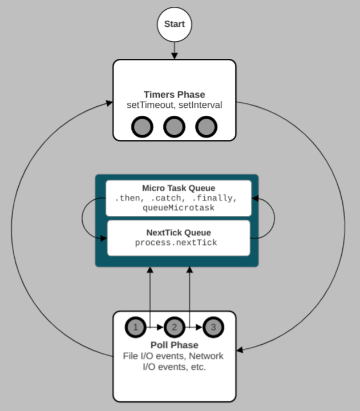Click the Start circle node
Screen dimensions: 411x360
(175, 24)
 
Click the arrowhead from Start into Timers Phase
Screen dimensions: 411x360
(175, 55)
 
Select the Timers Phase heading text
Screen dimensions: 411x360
(175, 95)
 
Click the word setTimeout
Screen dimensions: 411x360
(151, 105)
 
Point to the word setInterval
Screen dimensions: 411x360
(200, 105)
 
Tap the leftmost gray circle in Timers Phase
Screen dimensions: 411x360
(142, 127)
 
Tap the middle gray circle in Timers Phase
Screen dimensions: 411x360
(175, 127)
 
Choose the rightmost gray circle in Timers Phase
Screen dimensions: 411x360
(207, 127)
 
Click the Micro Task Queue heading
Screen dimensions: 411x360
(178, 188)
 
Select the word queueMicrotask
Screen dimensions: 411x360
(178, 208)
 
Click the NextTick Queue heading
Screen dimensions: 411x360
(178, 232)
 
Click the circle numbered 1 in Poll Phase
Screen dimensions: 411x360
(135, 328)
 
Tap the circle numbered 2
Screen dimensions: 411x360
(175, 328)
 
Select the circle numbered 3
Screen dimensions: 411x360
(213, 328)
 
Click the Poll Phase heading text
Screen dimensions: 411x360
(175, 345)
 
